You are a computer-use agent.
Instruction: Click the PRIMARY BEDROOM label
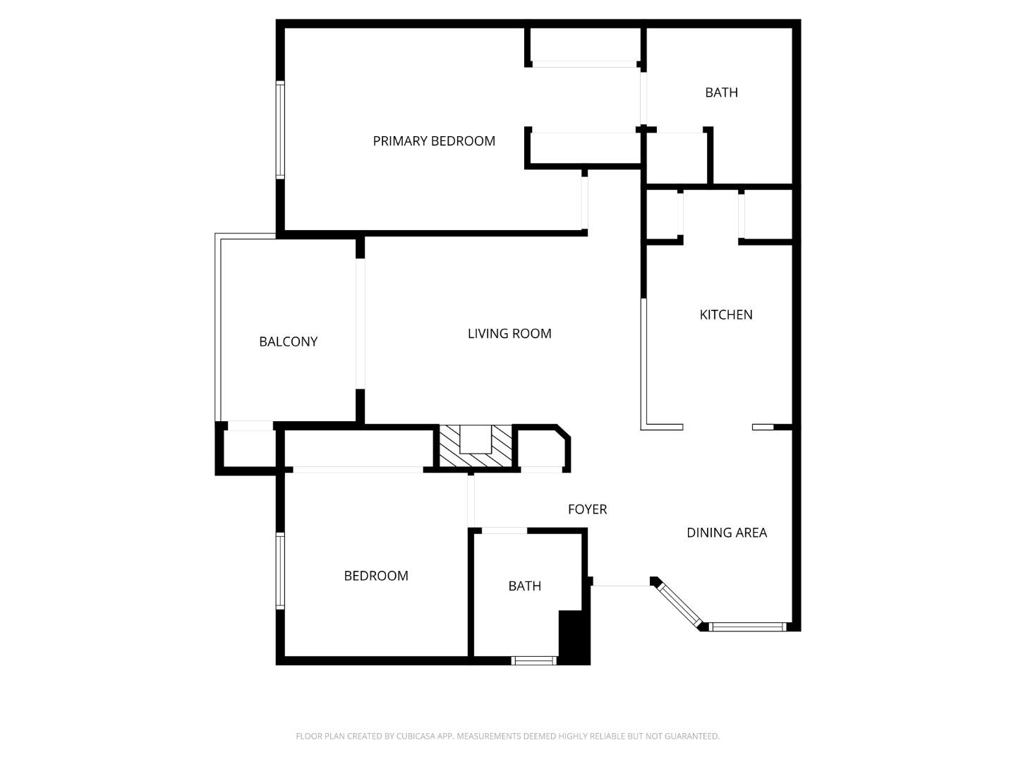(434, 141)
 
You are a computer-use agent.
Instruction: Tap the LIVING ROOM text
(509, 334)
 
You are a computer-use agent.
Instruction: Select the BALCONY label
(288, 341)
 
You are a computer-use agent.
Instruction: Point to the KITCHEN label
(725, 315)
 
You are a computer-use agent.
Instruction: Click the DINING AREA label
(726, 533)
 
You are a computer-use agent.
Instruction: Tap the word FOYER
(587, 509)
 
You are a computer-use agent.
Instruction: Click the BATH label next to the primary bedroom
(721, 92)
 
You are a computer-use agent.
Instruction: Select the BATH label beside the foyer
(524, 586)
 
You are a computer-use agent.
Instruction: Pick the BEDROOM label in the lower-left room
(375, 576)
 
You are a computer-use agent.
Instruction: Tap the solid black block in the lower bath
(574, 637)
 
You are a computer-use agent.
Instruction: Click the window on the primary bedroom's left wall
(280, 130)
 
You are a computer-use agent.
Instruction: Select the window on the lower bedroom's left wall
(280, 570)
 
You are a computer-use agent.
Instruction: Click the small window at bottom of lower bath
(533, 661)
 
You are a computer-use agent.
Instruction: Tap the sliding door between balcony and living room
(361, 324)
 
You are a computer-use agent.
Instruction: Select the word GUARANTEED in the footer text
(693, 736)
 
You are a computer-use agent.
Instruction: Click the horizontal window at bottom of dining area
(747, 627)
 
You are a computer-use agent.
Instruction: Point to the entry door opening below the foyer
(620, 582)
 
